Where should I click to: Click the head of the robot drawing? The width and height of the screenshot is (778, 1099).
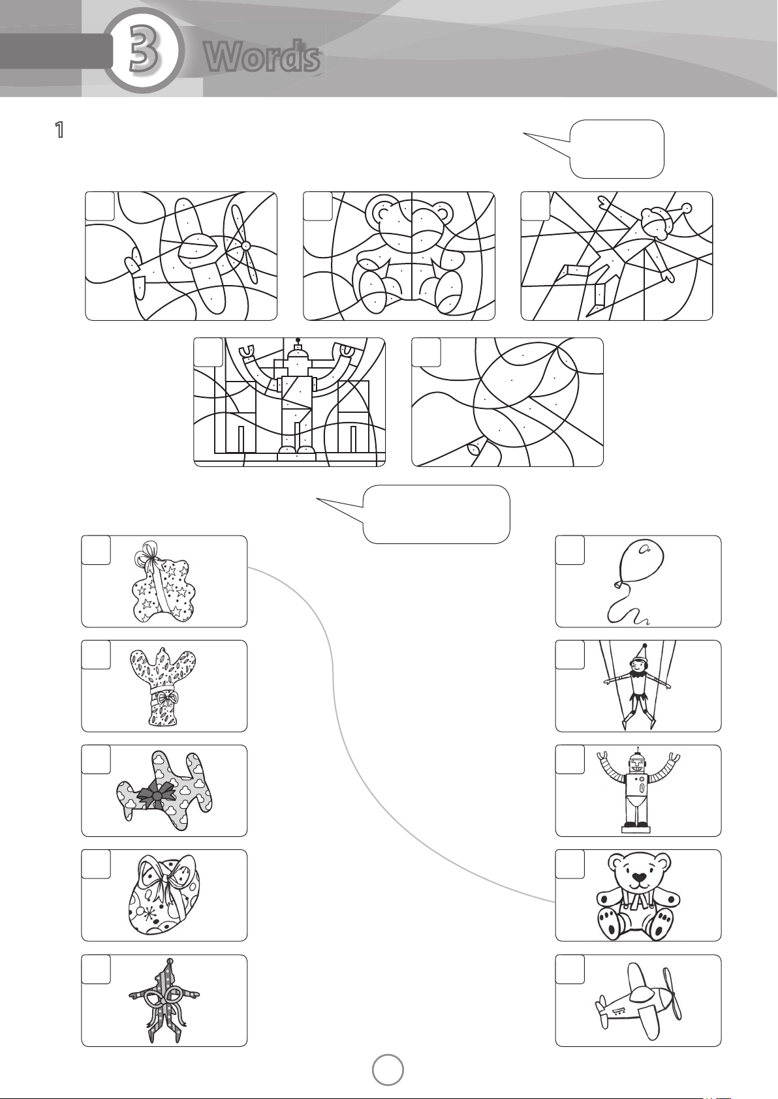pyautogui.click(x=638, y=764)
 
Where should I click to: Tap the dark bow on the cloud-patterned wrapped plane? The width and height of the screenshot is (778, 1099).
pyautogui.click(x=156, y=796)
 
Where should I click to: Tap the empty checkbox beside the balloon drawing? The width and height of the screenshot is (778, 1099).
pyautogui.click(x=570, y=550)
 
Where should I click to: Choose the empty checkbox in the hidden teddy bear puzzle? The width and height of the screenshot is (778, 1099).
pyautogui.click(x=318, y=207)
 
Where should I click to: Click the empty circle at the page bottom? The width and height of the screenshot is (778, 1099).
pyautogui.click(x=388, y=1070)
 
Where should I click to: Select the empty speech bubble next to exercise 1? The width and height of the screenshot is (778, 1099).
pyautogui.click(x=617, y=149)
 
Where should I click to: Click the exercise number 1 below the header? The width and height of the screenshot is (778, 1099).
pyautogui.click(x=59, y=130)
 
